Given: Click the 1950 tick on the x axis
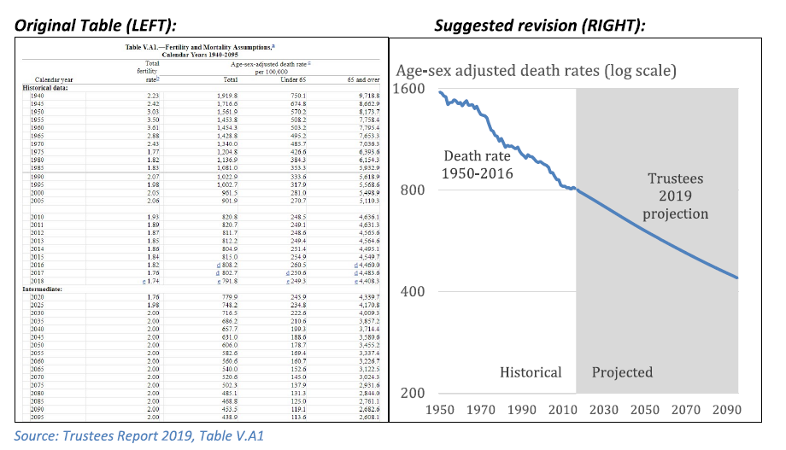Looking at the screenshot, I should (441, 410).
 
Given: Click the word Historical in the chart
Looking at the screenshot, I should (531, 372).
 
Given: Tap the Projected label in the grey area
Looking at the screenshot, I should (622, 372).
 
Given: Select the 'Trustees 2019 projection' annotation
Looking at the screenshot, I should (675, 196).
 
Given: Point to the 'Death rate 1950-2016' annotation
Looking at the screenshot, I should (478, 165).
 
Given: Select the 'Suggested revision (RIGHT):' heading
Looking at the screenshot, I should (539, 26).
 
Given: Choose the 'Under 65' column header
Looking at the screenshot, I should (293, 79).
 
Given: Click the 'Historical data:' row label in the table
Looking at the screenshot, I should (46, 87).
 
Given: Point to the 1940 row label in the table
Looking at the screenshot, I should (38, 95).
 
